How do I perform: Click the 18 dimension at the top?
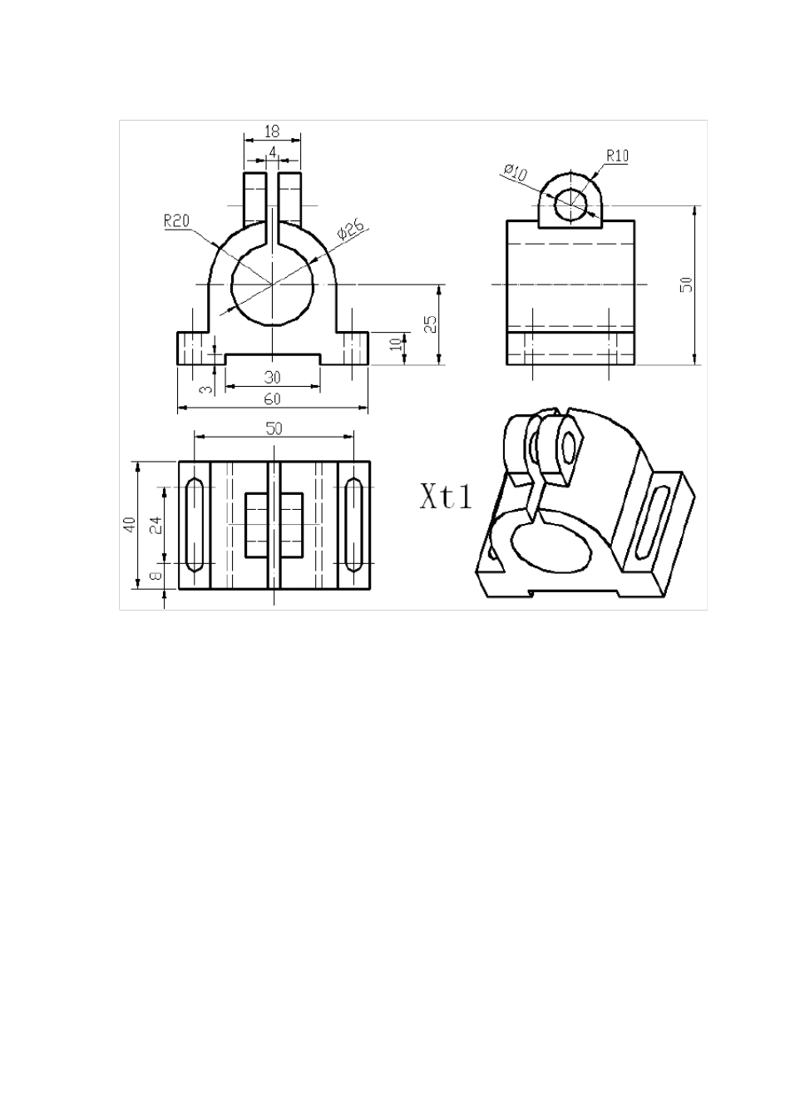pos(272,131)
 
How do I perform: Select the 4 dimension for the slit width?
pos(273,151)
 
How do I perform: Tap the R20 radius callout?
pos(176,220)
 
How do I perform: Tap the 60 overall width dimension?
pos(272,399)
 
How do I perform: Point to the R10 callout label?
pos(618,155)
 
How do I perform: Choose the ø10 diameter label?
pos(516,173)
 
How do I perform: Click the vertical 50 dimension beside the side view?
pos(686,284)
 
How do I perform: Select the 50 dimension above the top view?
pos(274,428)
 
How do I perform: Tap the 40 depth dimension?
pos(130,525)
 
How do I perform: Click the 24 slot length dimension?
pos(155,525)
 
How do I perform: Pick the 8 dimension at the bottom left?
pos(155,576)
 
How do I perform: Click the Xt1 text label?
pos(446,497)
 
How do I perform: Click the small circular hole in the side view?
pos(570,204)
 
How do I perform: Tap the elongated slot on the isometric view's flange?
pos(654,522)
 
